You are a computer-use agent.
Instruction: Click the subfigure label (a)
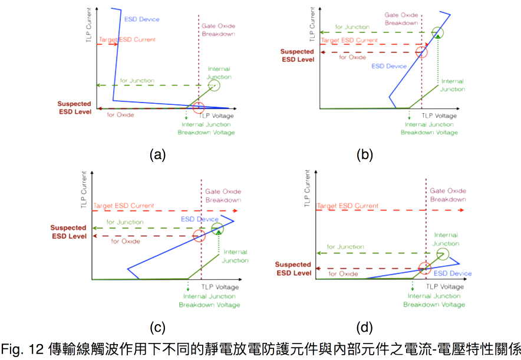(157, 155)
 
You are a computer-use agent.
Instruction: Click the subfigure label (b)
(365, 155)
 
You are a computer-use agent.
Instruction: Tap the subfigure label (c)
(157, 328)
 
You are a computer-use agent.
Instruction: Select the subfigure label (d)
(365, 328)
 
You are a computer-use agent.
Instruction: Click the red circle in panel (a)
(198, 107)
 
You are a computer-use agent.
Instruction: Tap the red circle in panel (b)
(421, 51)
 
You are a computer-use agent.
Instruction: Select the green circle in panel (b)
(437, 32)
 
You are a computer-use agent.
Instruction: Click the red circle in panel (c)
(199, 236)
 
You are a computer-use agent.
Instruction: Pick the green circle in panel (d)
(443, 255)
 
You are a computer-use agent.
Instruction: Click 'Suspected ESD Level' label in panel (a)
(74, 107)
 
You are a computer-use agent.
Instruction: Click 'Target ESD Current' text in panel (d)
(347, 206)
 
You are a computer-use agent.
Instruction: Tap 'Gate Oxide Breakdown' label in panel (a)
(217, 31)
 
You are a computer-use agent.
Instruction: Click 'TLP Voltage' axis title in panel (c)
(220, 286)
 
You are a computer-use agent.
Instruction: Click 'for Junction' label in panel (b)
(352, 27)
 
